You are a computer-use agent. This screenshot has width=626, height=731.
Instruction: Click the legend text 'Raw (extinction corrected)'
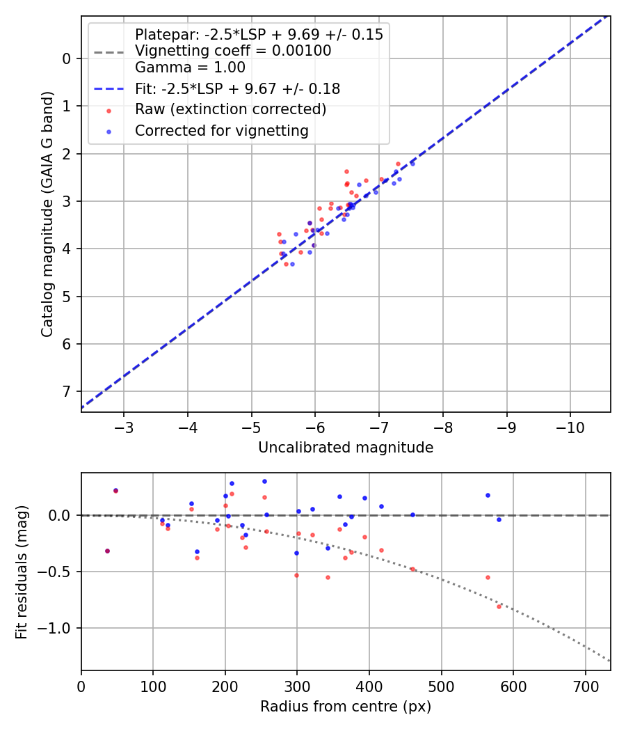click(230, 109)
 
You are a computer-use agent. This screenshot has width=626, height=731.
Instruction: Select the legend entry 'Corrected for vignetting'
click(221, 130)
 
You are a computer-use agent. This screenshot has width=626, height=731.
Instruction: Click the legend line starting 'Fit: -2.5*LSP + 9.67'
click(237, 88)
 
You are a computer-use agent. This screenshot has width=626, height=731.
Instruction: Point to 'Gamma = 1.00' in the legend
click(190, 68)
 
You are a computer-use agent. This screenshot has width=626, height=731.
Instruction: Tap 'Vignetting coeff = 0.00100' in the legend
click(233, 51)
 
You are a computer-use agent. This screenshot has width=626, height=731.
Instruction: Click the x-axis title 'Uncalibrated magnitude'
click(346, 448)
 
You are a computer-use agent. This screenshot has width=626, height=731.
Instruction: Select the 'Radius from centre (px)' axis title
click(346, 707)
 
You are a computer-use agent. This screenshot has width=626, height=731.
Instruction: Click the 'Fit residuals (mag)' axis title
click(22, 572)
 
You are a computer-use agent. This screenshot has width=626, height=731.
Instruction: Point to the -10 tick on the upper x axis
click(570, 426)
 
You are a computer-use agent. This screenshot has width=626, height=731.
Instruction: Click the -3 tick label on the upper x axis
click(123, 426)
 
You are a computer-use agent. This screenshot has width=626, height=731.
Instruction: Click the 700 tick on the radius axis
click(585, 685)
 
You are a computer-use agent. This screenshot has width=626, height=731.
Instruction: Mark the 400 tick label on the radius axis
click(369, 685)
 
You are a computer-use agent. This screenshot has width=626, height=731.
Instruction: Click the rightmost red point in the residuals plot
click(499, 606)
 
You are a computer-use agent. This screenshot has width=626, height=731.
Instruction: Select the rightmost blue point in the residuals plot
click(499, 519)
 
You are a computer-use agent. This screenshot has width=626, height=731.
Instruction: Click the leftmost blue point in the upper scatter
click(284, 242)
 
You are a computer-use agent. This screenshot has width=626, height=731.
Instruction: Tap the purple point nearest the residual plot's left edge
click(107, 551)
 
